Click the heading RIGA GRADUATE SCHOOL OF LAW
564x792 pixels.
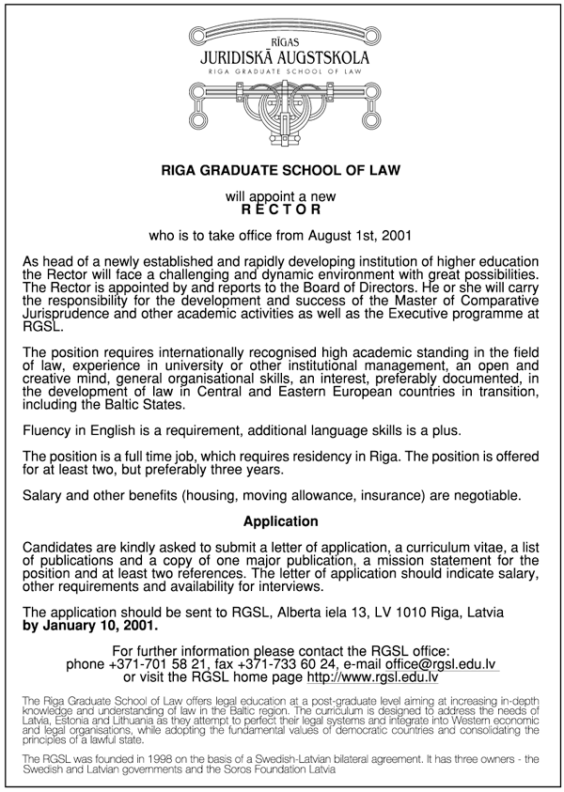[x=281, y=171]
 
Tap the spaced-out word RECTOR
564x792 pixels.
[x=281, y=210]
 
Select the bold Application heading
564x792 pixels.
[x=281, y=520]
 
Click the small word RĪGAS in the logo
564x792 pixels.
[x=282, y=43]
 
